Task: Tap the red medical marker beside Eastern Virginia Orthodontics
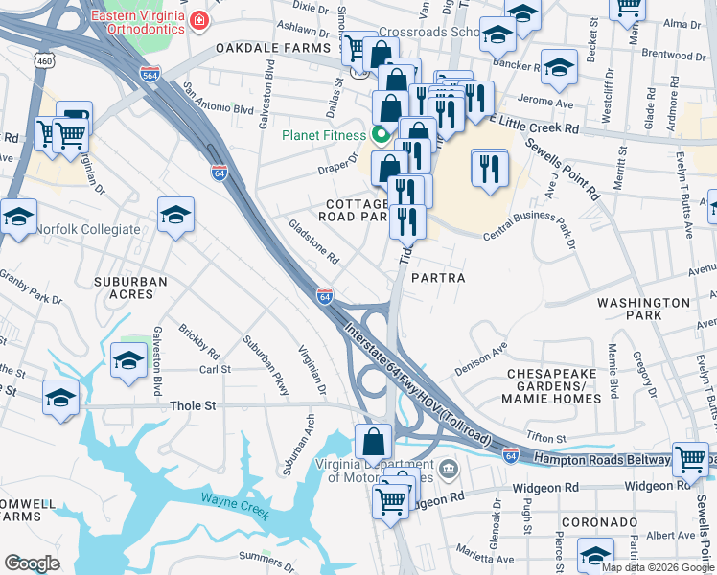(198, 19)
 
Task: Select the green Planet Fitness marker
(380, 134)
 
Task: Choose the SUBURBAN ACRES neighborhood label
(130, 287)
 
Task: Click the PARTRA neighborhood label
(438, 278)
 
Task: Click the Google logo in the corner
(32, 563)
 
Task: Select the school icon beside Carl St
(128, 360)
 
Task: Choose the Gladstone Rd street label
(314, 241)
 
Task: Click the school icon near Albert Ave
(595, 554)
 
